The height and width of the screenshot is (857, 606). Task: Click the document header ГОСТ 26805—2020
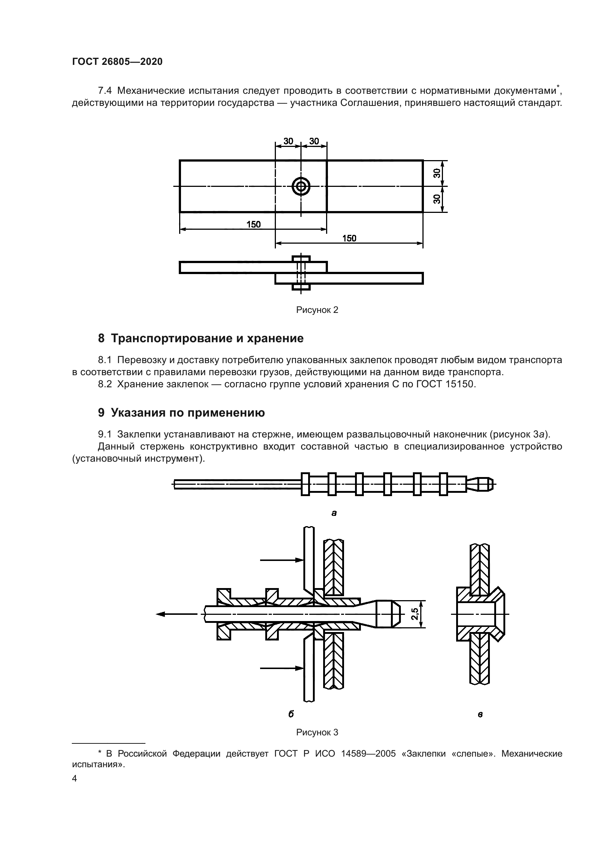[117, 62]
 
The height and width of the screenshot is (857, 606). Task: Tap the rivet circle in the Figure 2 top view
[301, 186]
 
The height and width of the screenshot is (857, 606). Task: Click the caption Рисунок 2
[317, 310]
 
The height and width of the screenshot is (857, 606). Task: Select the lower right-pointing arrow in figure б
[281, 668]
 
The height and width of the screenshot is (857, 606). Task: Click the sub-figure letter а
[334, 513]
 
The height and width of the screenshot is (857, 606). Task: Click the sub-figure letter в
[480, 715]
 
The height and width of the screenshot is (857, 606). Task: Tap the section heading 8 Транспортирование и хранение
[201, 339]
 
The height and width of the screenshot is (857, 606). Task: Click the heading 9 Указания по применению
[181, 413]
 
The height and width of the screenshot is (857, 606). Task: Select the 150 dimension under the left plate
[254, 224]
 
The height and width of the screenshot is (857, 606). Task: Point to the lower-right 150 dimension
[349, 238]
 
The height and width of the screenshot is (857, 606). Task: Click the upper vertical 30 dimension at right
[437, 173]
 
